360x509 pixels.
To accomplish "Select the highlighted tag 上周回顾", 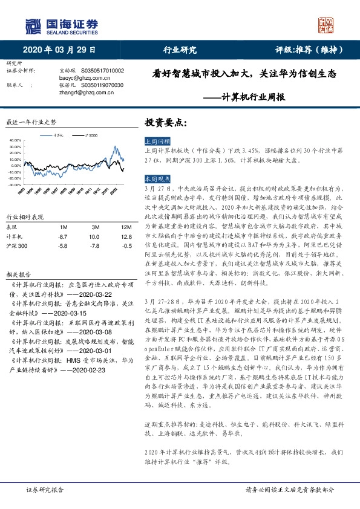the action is [x=157, y=139].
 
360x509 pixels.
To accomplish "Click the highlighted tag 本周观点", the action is [x=157, y=180].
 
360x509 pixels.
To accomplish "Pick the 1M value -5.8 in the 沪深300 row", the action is [x=62, y=246].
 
